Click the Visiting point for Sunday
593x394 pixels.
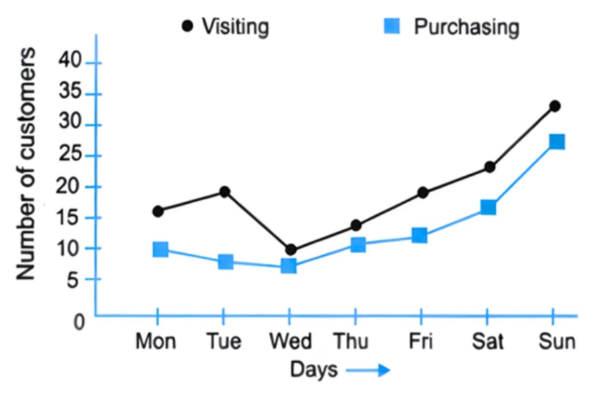(x=555, y=106)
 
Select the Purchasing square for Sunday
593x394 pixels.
(x=556, y=142)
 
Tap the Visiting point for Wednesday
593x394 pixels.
(x=291, y=250)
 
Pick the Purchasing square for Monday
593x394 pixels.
(x=160, y=250)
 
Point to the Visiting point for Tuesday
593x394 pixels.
(x=224, y=192)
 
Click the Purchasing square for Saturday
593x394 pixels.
(x=488, y=207)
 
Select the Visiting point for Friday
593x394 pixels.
(x=422, y=193)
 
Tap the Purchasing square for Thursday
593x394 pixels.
(x=358, y=244)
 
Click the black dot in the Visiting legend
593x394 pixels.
(x=187, y=26)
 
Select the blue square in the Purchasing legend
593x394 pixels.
(x=392, y=26)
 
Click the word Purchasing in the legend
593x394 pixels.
(x=466, y=28)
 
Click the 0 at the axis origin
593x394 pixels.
(x=79, y=323)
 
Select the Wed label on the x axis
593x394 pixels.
(x=290, y=341)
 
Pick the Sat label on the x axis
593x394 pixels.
(x=487, y=341)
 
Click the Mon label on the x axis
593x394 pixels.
(x=156, y=341)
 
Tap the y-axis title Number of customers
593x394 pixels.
(x=27, y=164)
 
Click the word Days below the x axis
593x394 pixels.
(x=314, y=369)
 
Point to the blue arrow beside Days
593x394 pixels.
(x=368, y=370)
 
